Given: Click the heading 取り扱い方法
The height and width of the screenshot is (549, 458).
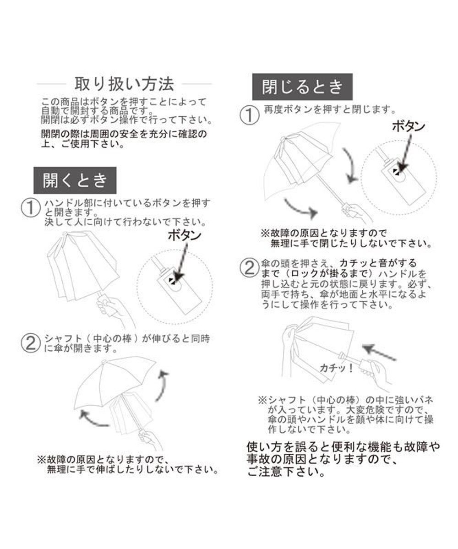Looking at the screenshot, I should pyautogui.click(x=124, y=84).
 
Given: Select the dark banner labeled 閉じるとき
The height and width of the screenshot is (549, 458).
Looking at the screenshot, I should pyautogui.click(x=302, y=87).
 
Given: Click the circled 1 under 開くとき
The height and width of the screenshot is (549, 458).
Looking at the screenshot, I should pyautogui.click(x=31, y=209).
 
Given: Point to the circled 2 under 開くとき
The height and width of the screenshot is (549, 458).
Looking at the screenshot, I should pyautogui.click(x=31, y=343).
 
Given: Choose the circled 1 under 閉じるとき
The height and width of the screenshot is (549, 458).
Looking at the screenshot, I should pyautogui.click(x=250, y=115).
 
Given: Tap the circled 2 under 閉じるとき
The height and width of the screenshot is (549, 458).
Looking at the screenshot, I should pyautogui.click(x=250, y=267).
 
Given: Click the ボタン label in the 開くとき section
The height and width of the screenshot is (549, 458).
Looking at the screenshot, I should pyautogui.click(x=185, y=236).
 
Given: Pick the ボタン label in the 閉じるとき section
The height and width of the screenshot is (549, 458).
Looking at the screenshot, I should pyautogui.click(x=409, y=127).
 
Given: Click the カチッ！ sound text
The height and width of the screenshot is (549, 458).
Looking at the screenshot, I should pyautogui.click(x=336, y=368).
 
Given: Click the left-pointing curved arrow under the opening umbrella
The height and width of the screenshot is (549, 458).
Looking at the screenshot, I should pyautogui.click(x=94, y=417).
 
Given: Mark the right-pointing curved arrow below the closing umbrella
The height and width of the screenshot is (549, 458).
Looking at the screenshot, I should pyautogui.click(x=300, y=208).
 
